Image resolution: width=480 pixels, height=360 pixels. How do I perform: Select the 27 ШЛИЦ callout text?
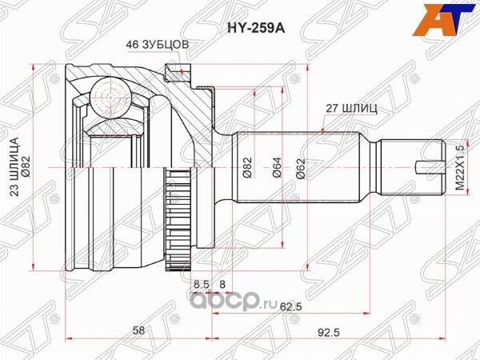(348, 106)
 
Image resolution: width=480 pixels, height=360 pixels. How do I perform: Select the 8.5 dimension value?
(201, 283)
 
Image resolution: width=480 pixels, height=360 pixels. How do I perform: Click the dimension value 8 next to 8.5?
(222, 283)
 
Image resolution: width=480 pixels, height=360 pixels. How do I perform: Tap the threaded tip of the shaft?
(412, 166)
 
